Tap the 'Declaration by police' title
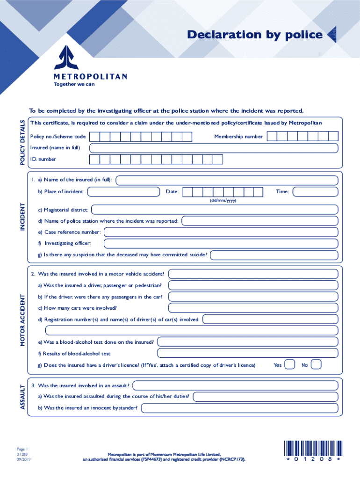click(x=254, y=35)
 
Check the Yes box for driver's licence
click(x=290, y=364)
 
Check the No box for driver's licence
click(x=316, y=364)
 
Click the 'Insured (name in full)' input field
click(x=213, y=148)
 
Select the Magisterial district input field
click(x=214, y=210)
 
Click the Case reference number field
click(x=220, y=232)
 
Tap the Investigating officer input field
click(x=220, y=243)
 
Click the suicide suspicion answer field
click(x=274, y=255)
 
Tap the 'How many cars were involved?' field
click(x=252, y=308)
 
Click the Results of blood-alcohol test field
click(x=247, y=353)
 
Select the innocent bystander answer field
click(x=239, y=408)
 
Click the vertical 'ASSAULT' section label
click(x=22, y=397)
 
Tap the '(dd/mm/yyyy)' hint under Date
click(x=223, y=201)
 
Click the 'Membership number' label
click(x=238, y=137)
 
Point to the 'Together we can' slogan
click(x=71, y=85)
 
